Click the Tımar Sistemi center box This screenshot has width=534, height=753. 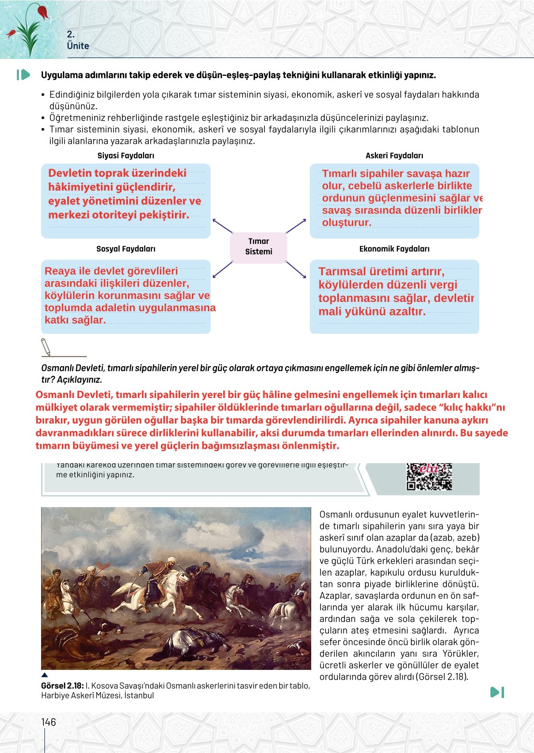tap(259, 247)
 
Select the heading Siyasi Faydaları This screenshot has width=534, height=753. tap(126, 156)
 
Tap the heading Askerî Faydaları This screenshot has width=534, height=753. tap(394, 156)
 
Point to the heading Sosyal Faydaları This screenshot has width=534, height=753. tap(126, 249)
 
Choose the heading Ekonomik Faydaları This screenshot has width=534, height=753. tap(394, 249)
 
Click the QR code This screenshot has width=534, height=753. tap(429, 477)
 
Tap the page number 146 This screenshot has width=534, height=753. tap(48, 722)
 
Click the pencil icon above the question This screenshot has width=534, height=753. tap(46, 346)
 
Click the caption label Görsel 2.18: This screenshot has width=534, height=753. tap(62, 686)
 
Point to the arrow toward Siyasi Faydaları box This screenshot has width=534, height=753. tap(222, 226)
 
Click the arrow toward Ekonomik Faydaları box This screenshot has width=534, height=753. tap(296, 270)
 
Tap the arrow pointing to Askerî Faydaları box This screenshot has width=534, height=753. tap(296, 226)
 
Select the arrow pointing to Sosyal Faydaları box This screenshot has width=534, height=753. tap(222, 270)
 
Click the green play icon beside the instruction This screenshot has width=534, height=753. tap(23, 75)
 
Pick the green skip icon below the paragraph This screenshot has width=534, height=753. tap(497, 692)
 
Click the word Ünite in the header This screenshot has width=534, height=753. tap(78, 46)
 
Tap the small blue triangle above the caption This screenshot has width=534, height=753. tap(44, 675)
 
